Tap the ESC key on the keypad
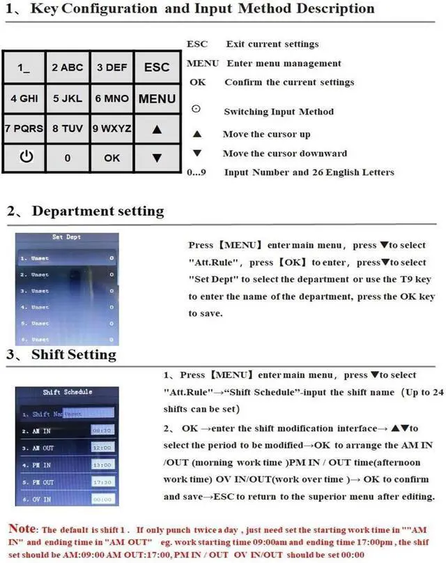(157, 68)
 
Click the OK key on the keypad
(112, 158)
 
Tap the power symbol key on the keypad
(26, 157)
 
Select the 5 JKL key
(68, 98)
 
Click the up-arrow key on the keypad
(157, 129)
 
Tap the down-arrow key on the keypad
(157, 158)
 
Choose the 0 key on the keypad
(68, 158)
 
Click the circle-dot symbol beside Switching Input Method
(196, 110)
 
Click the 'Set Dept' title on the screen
(66, 237)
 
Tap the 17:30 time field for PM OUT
(102, 481)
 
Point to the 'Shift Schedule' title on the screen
(68, 392)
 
